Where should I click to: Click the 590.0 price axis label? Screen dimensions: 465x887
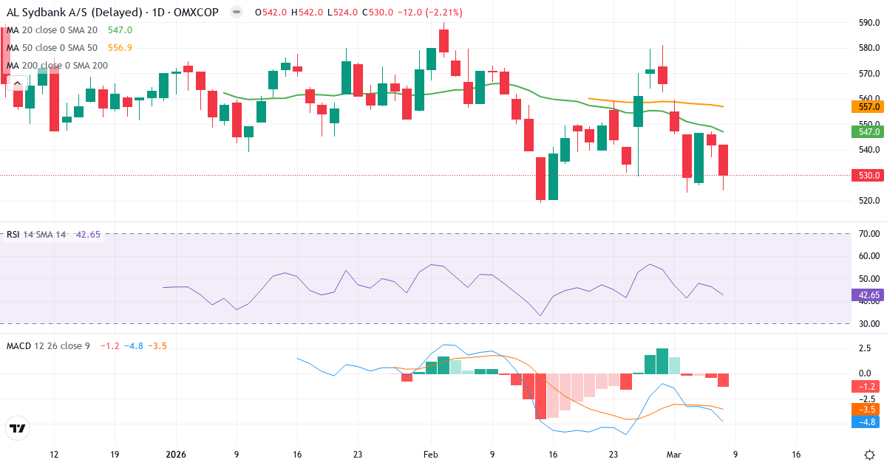[x=868, y=23]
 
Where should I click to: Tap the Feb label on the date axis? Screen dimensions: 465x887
[x=431, y=455]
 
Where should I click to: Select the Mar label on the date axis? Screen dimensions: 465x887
[x=674, y=455]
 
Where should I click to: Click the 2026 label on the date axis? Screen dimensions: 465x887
[x=175, y=455]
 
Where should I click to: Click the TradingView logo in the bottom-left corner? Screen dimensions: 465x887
[x=17, y=428]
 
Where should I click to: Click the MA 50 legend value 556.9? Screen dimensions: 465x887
[x=120, y=48]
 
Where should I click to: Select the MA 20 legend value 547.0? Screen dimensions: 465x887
[x=120, y=30]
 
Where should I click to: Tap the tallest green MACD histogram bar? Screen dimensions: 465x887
[x=662, y=361]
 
